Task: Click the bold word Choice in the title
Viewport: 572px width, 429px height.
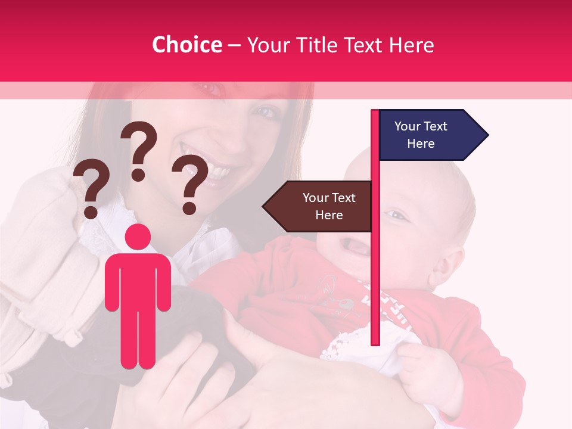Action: coord(186,45)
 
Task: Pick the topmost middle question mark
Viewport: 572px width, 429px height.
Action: coord(139,149)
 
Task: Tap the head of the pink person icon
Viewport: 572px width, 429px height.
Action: coord(138,237)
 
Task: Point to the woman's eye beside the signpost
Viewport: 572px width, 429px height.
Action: coord(266,111)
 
